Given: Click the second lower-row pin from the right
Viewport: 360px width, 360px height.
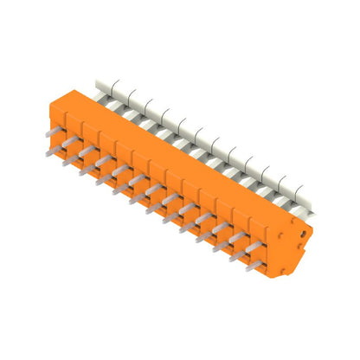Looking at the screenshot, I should [x=235, y=256].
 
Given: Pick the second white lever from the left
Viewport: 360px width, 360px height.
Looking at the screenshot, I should [x=120, y=93].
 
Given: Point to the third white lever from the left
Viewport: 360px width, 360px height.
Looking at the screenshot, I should [x=137, y=103].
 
